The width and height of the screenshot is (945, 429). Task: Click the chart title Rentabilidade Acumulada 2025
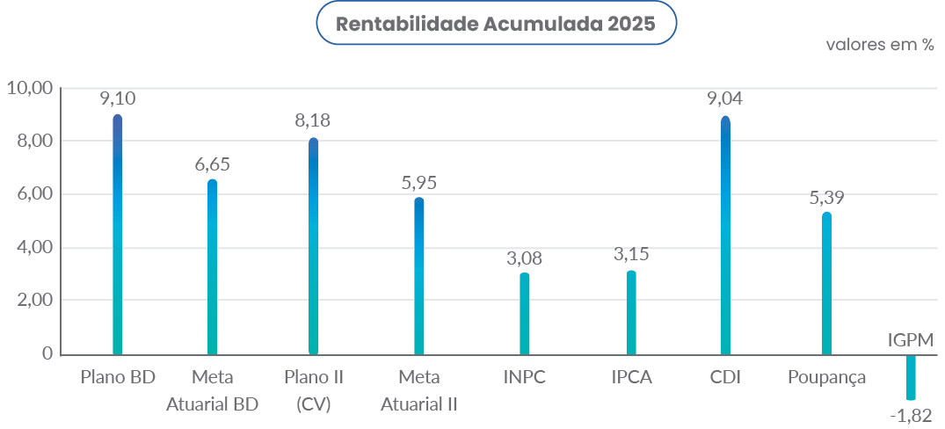[496, 24]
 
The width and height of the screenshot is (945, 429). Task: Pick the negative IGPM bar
[911, 377]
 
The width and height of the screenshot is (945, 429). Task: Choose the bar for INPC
[525, 313]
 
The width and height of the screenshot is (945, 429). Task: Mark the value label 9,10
[118, 98]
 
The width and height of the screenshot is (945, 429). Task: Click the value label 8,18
[313, 120]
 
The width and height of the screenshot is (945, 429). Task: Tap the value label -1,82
[911, 415]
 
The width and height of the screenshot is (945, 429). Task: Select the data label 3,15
[630, 255]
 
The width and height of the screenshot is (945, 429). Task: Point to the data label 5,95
[418, 183]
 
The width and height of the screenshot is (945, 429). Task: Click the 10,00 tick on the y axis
[30, 88]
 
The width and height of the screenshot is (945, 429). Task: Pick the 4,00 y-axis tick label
[34, 248]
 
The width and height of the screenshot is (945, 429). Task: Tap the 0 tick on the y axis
[46, 353]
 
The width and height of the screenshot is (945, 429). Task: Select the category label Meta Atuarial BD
[212, 390]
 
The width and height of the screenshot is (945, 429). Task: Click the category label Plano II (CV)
[314, 390]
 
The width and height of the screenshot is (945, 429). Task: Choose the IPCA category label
[630, 378]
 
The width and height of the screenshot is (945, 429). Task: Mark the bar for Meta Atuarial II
[419, 276]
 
